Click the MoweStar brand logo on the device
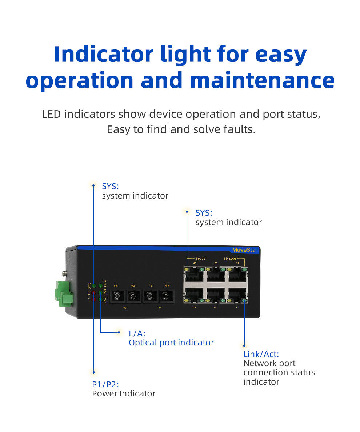pyautogui.click(x=245, y=250)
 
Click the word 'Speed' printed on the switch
pyautogui.click(x=200, y=259)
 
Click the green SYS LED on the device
pyautogui.click(x=94, y=286)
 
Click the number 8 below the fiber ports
pyautogui.click(x=125, y=308)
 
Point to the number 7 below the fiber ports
pyautogui.click(x=160, y=308)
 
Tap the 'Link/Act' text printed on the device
pyautogui.click(x=230, y=259)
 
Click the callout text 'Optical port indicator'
pyautogui.click(x=171, y=343)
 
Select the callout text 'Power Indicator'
pyautogui.click(x=124, y=393)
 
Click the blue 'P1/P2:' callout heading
pyautogui.click(x=105, y=384)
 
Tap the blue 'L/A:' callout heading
pyautogui.click(x=137, y=333)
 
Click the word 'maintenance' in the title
pyautogui.click(x=262, y=80)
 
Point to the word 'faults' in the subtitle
pyautogui.click(x=238, y=129)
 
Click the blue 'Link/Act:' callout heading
pyautogui.click(x=261, y=354)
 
